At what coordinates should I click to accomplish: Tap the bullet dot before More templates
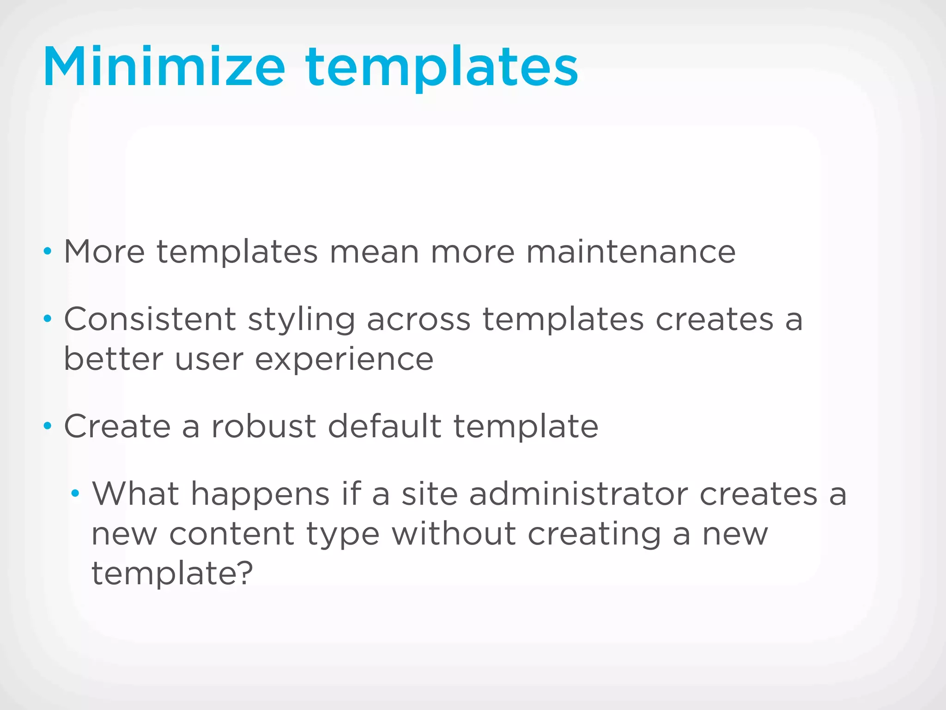[x=47, y=252]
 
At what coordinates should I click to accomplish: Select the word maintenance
[x=631, y=252]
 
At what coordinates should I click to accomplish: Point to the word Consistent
[x=150, y=319]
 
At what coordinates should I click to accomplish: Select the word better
[x=114, y=359]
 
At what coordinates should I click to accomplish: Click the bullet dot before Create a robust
[x=47, y=426]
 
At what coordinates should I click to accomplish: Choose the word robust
[x=263, y=426]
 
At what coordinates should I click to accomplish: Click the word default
[x=385, y=426]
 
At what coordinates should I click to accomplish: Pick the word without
[x=454, y=533]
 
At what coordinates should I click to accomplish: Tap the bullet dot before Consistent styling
[x=47, y=319]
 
